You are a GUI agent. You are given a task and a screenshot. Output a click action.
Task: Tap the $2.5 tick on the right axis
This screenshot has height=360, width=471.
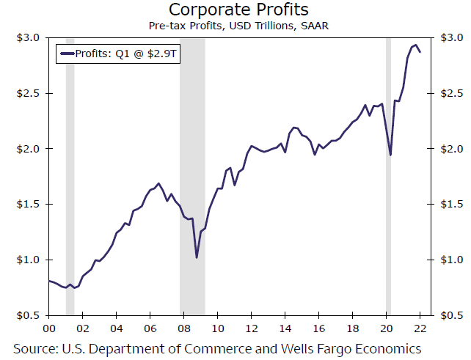click(450, 94)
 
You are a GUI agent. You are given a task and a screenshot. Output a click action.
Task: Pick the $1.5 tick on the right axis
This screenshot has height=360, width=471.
click(450, 205)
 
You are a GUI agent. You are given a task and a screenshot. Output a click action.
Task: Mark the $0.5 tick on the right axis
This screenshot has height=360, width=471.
click(450, 315)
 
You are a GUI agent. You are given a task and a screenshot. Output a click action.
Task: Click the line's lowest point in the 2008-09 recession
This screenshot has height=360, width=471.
click(197, 257)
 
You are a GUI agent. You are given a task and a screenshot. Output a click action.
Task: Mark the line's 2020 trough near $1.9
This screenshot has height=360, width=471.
click(390, 155)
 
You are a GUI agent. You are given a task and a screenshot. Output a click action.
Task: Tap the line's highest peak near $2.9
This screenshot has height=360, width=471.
click(415, 45)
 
